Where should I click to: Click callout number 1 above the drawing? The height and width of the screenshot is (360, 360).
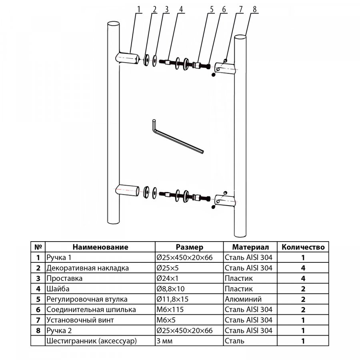pos(139,9)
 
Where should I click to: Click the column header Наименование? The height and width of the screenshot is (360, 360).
pos(100,247)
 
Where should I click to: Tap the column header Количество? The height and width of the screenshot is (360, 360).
pos(303,247)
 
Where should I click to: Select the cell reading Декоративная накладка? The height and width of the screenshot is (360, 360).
pos(88,268)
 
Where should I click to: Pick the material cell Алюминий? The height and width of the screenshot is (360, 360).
pos(243,299)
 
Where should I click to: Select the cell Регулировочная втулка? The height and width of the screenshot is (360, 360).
pos(87,299)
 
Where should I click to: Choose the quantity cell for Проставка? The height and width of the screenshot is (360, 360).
pos(303,278)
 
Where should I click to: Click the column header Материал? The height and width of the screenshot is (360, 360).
pos(250,247)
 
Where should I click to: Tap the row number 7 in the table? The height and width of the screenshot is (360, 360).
pos(38,320)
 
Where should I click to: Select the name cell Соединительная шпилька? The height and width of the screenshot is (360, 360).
pos(91,309)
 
